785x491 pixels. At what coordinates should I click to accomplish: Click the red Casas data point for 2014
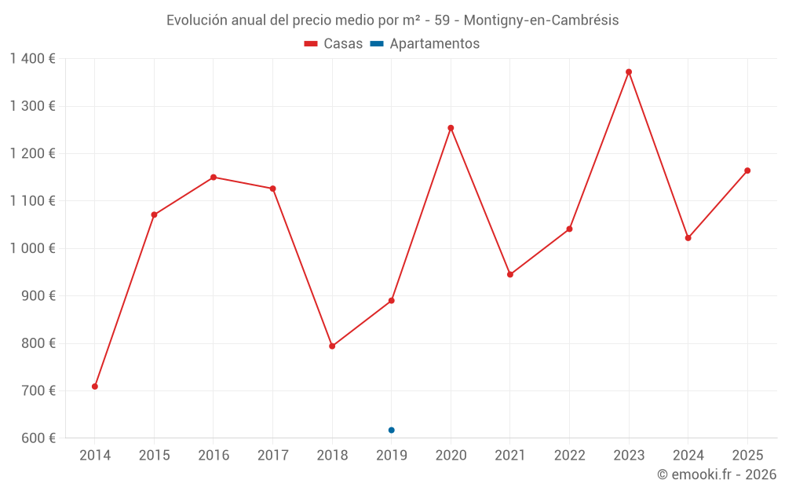tap(95, 387)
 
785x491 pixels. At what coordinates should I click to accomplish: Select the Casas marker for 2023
tap(629, 72)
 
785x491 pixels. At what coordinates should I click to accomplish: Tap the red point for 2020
tap(451, 128)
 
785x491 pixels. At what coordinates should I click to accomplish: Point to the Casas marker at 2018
tap(332, 346)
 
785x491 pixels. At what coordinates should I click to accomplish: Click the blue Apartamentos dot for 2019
tap(391, 430)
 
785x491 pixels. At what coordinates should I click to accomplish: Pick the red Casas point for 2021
tap(510, 274)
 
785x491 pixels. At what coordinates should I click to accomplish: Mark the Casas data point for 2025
tap(747, 170)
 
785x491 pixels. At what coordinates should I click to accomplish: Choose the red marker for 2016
tap(214, 178)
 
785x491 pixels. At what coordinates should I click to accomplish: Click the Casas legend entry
tap(334, 44)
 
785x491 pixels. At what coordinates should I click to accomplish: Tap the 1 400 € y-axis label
tap(32, 59)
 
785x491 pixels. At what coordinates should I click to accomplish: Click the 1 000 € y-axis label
tap(32, 248)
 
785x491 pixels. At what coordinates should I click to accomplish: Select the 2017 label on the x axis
tap(272, 456)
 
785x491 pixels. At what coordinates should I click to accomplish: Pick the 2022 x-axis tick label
tap(569, 456)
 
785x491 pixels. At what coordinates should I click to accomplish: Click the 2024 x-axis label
tap(688, 456)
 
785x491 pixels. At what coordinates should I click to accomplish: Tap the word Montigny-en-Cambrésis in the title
tap(542, 20)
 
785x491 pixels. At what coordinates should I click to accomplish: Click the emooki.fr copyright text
tap(716, 475)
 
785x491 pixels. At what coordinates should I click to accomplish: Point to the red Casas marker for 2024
tap(688, 238)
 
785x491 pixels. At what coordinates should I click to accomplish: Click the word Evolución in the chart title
tap(197, 20)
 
